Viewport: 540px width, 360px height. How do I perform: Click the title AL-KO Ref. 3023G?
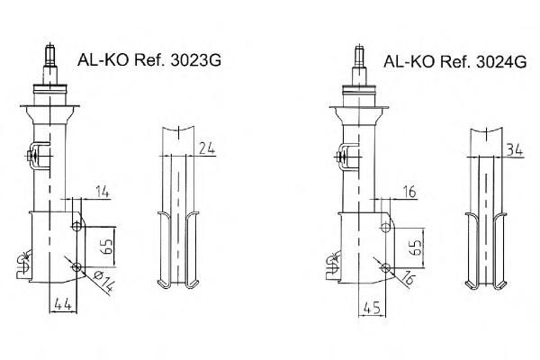[x=149, y=60]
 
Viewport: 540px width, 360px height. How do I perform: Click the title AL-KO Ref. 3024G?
[x=454, y=61]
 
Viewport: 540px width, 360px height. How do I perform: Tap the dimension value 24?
[x=207, y=148]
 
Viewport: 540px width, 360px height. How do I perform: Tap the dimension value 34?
[x=515, y=150]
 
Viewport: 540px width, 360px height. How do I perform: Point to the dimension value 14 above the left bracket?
[x=102, y=192]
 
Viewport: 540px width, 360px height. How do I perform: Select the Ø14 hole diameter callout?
[x=103, y=282]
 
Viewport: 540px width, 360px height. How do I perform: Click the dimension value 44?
[x=63, y=305]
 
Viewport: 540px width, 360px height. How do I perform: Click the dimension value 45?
[x=372, y=307]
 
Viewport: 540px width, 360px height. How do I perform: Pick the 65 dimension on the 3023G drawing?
[x=108, y=247]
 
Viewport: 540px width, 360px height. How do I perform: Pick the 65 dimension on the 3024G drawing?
[x=416, y=247]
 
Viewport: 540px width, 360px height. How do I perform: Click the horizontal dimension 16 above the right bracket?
[x=409, y=192]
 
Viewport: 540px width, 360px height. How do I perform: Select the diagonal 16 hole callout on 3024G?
[x=408, y=278]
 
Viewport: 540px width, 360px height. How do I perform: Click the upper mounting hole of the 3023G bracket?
[x=76, y=226]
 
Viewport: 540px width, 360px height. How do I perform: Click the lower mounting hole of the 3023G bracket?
[x=76, y=266]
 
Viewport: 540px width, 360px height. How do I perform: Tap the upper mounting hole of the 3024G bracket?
[x=385, y=228]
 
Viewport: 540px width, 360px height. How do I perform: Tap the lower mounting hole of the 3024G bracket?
[x=385, y=267]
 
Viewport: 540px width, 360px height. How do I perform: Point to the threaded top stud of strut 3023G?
[x=50, y=55]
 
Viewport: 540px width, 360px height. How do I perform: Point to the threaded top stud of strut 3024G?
[x=359, y=57]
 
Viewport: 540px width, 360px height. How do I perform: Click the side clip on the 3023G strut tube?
[x=38, y=156]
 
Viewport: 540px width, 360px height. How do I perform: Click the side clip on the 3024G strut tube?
[x=346, y=157]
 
